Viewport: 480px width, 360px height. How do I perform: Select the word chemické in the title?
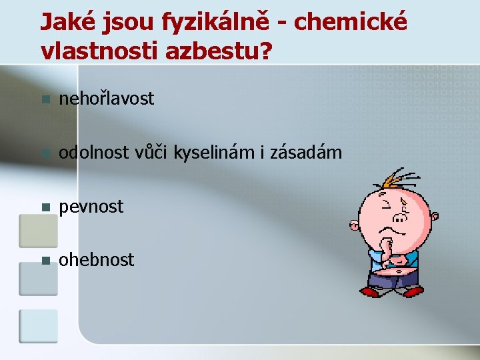point(349,22)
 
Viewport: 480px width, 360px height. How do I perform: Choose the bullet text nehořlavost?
point(107,99)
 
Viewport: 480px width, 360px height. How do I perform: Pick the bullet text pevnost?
point(91,207)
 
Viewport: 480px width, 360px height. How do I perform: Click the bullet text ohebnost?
point(97,260)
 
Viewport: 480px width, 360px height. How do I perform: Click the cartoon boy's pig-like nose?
point(400,217)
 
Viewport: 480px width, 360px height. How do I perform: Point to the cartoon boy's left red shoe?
point(369,291)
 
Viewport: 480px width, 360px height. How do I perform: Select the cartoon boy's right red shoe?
point(413,291)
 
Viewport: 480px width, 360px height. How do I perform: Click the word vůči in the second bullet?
point(155,153)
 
